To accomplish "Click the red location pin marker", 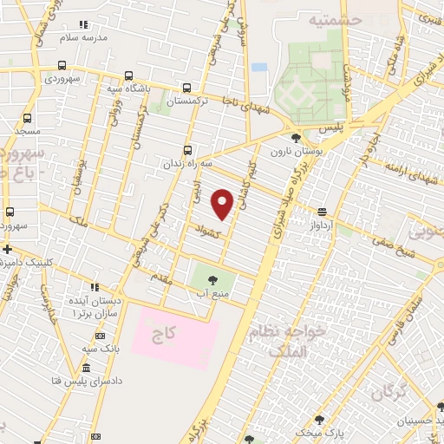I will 223,203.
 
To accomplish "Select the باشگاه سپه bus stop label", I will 127,88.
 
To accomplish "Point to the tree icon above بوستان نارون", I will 296,138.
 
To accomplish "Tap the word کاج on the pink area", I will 167,333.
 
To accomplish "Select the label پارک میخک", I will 314,431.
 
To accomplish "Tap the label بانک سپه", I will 101,348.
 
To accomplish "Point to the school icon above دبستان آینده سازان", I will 95,286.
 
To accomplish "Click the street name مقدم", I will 162,279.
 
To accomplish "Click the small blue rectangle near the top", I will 259,67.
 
